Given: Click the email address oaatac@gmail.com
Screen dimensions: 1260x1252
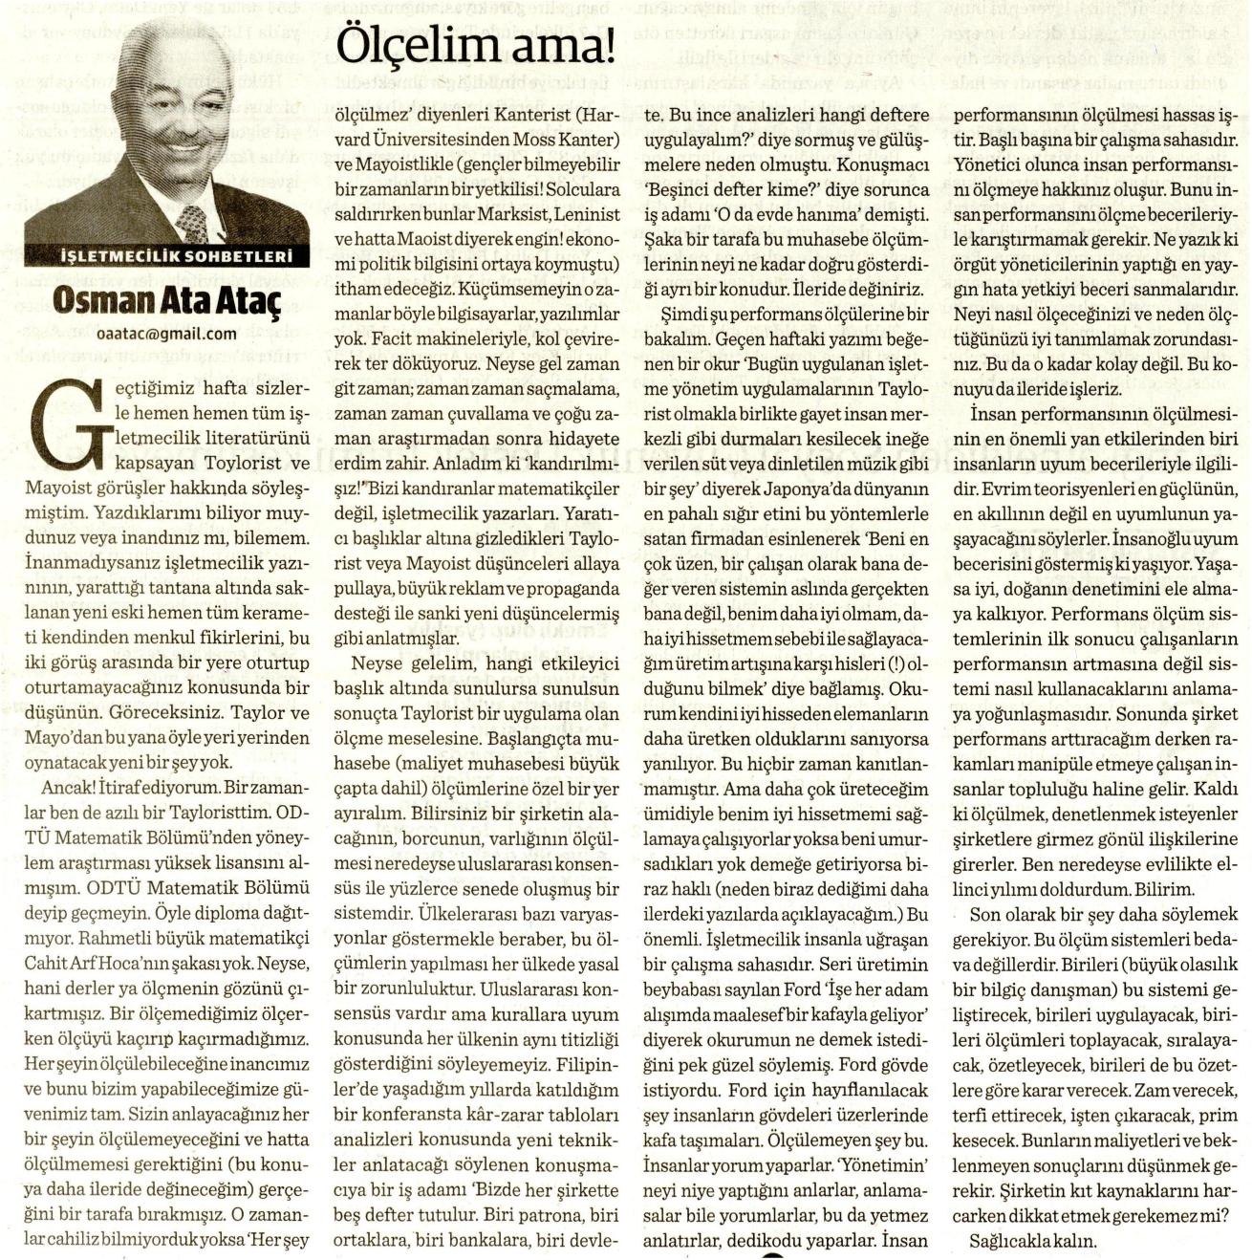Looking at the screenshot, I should tap(167, 333).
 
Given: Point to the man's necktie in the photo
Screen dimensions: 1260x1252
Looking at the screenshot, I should tap(192, 222).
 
